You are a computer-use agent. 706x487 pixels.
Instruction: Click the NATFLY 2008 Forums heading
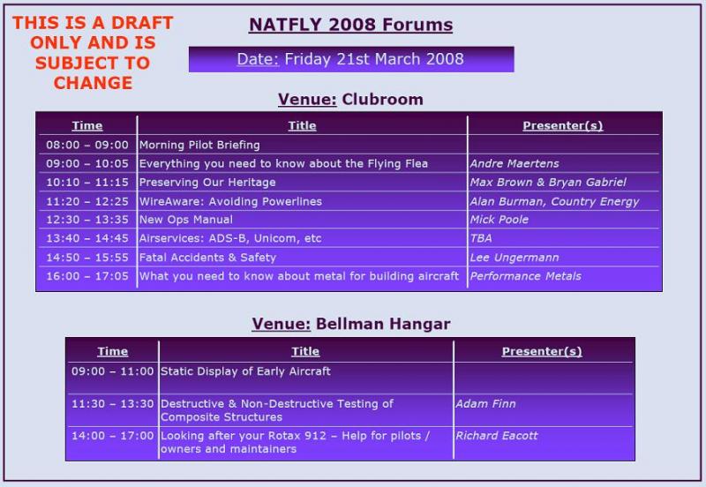350,25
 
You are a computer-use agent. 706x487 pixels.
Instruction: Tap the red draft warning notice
93,53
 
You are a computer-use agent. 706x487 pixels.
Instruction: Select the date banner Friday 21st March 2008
351,59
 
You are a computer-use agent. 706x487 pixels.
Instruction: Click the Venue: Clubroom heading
350,100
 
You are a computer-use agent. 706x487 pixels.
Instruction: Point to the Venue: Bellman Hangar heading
351,324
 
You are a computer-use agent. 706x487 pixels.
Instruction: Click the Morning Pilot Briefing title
199,145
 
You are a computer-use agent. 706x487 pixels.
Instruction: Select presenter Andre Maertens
514,163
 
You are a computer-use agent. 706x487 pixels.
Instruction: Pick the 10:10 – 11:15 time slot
87,183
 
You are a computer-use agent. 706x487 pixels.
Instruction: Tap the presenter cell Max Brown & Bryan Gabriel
548,183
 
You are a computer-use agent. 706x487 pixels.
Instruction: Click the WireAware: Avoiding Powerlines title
230,201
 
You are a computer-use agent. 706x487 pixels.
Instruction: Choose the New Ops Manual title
186,220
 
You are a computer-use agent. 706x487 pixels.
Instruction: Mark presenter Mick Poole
499,220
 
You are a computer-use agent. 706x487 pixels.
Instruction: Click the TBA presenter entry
481,238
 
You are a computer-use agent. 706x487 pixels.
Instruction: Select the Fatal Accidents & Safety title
207,258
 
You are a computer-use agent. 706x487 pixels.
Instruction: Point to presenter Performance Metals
525,276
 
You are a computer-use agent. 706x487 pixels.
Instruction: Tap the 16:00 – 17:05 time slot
87,276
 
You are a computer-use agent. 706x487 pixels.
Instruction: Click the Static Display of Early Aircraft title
245,371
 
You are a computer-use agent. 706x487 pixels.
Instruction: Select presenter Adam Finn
485,404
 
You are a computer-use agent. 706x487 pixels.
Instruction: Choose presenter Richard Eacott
496,436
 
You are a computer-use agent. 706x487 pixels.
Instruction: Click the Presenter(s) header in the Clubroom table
563,125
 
